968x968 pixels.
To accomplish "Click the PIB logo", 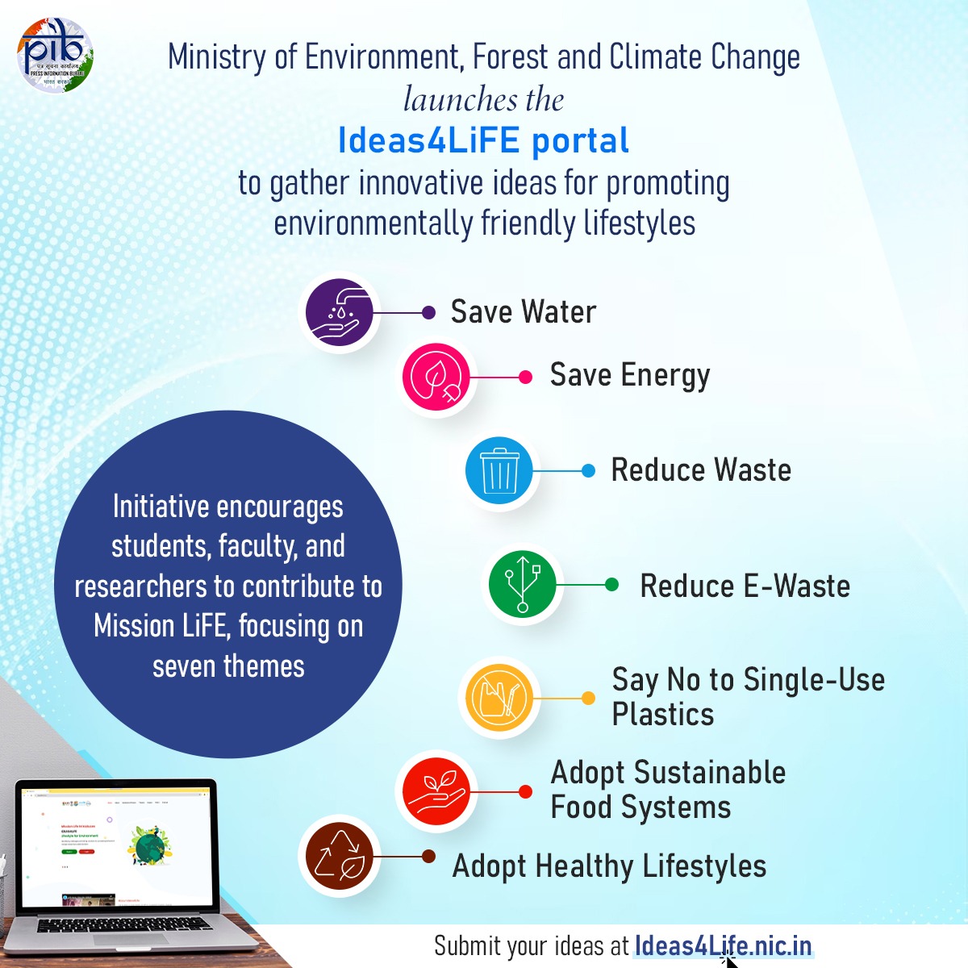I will (55, 56).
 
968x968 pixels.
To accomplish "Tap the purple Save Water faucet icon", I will (340, 311).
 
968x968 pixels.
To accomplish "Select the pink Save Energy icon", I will (436, 377).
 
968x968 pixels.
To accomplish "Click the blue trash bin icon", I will (499, 470).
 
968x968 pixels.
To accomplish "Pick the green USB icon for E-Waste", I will (522, 584).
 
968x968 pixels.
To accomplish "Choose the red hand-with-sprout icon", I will (436, 791).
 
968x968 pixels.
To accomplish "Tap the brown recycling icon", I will (340, 856).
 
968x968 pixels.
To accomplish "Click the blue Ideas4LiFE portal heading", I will (483, 140).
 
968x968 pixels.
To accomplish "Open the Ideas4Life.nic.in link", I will (723, 945).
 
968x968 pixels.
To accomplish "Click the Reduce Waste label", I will (701, 470).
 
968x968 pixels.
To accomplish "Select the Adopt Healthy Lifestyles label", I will (609, 866).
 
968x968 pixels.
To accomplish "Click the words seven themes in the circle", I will (228, 667).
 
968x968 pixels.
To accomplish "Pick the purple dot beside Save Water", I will (429, 312).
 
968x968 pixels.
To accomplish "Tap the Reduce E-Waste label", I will (745, 586).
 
